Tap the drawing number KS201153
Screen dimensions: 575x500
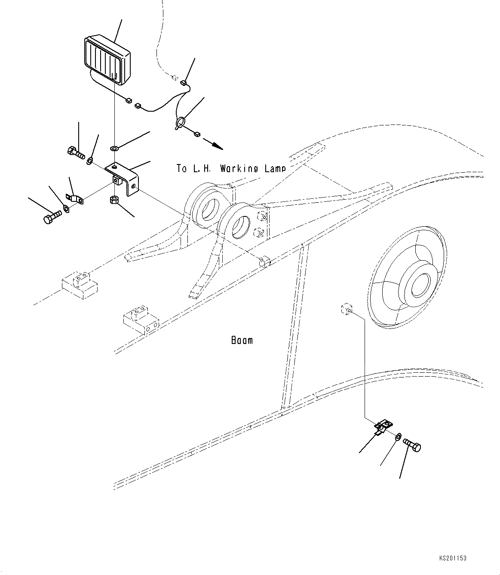point(453,558)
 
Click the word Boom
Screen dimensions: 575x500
point(242,341)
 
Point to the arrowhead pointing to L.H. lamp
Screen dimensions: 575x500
point(218,146)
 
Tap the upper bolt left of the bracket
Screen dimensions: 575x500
point(76,152)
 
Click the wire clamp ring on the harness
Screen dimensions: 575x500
point(179,122)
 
